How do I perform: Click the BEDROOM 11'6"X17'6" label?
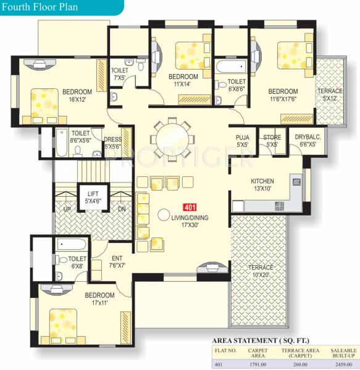click(x=283, y=95)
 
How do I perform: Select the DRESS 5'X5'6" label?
click(x=112, y=143)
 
